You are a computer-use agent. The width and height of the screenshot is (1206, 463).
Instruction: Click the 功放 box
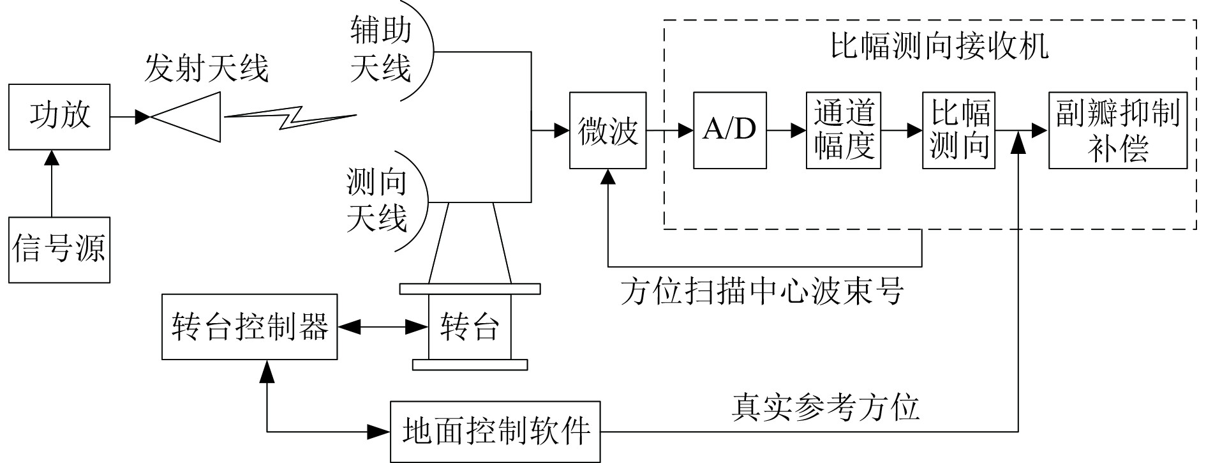pos(59,117)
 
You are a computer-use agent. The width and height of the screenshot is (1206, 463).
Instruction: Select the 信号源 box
pos(59,249)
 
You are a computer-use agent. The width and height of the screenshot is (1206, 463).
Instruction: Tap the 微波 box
pos(607,130)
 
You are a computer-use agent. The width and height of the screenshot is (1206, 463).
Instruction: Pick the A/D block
pos(729,130)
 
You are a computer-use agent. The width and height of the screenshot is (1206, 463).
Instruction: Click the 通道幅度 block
pos(843,130)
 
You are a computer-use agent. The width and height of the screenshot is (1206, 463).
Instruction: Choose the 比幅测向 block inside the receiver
pos(958,130)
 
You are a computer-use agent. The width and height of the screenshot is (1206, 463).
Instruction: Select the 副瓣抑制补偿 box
pos(1117,130)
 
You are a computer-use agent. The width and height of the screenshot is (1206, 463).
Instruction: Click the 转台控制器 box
pos(249,327)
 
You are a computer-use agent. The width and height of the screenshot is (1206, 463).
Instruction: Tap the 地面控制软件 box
pos(496,432)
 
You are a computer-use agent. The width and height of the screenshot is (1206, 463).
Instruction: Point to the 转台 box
pos(470,327)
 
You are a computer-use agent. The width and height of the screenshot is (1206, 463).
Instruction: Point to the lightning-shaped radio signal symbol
pos(290,117)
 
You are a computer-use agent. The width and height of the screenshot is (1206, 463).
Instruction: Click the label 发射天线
pos(206,68)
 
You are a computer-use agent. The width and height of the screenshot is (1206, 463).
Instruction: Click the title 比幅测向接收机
pos(939,46)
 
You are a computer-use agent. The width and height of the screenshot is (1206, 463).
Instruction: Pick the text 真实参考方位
pos(825,407)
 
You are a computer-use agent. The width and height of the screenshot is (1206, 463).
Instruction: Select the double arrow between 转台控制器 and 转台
pos(382,327)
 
